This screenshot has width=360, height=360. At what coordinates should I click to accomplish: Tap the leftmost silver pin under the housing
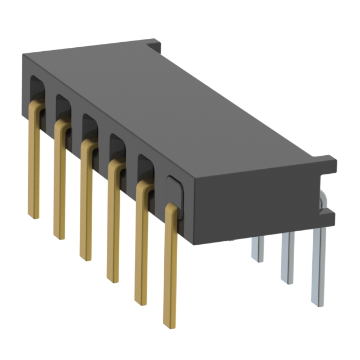(x=257, y=247)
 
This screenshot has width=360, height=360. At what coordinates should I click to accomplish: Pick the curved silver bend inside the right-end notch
(x=325, y=200)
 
